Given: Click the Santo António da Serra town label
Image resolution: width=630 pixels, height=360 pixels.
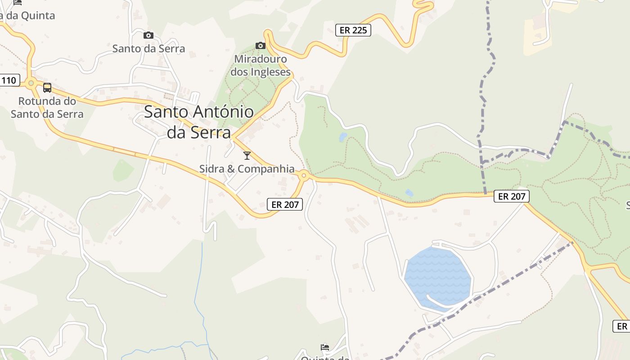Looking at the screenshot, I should pyautogui.click(x=199, y=122).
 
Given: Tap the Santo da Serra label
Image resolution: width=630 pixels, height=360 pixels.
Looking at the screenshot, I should pyautogui.click(x=148, y=48).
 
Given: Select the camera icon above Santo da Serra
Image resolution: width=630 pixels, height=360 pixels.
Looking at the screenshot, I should pyautogui.click(x=148, y=35).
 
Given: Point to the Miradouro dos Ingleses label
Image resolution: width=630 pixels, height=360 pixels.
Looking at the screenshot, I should pyautogui.click(x=261, y=65).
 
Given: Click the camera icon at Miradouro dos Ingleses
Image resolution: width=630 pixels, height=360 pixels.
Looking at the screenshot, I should pyautogui.click(x=261, y=45).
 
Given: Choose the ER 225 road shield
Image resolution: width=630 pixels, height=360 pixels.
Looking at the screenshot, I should pyautogui.click(x=353, y=30).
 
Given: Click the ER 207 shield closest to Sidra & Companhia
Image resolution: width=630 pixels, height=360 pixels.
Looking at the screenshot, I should pyautogui.click(x=285, y=204).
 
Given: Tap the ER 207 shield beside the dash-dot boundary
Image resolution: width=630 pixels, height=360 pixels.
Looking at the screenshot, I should pyautogui.click(x=512, y=196).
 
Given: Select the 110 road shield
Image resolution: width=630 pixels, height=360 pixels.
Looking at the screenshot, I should pyautogui.click(x=9, y=81).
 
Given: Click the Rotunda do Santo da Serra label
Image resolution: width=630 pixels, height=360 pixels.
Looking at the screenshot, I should pyautogui.click(x=47, y=107).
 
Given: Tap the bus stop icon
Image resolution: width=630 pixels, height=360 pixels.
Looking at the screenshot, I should pyautogui.click(x=47, y=88).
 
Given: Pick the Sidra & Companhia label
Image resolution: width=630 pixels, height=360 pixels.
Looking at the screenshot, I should pyautogui.click(x=247, y=169).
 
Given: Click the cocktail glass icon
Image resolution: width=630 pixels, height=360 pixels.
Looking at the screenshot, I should pyautogui.click(x=247, y=156).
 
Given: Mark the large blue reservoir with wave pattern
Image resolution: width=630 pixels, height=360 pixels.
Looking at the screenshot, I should pyautogui.click(x=436, y=277).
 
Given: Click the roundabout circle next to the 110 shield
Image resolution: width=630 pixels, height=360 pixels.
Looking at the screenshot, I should pyautogui.click(x=31, y=83).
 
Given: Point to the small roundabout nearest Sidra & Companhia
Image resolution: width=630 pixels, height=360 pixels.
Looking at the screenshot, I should pyautogui.click(x=304, y=175).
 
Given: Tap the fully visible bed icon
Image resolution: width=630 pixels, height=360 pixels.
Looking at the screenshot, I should pyautogui.click(x=325, y=347).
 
